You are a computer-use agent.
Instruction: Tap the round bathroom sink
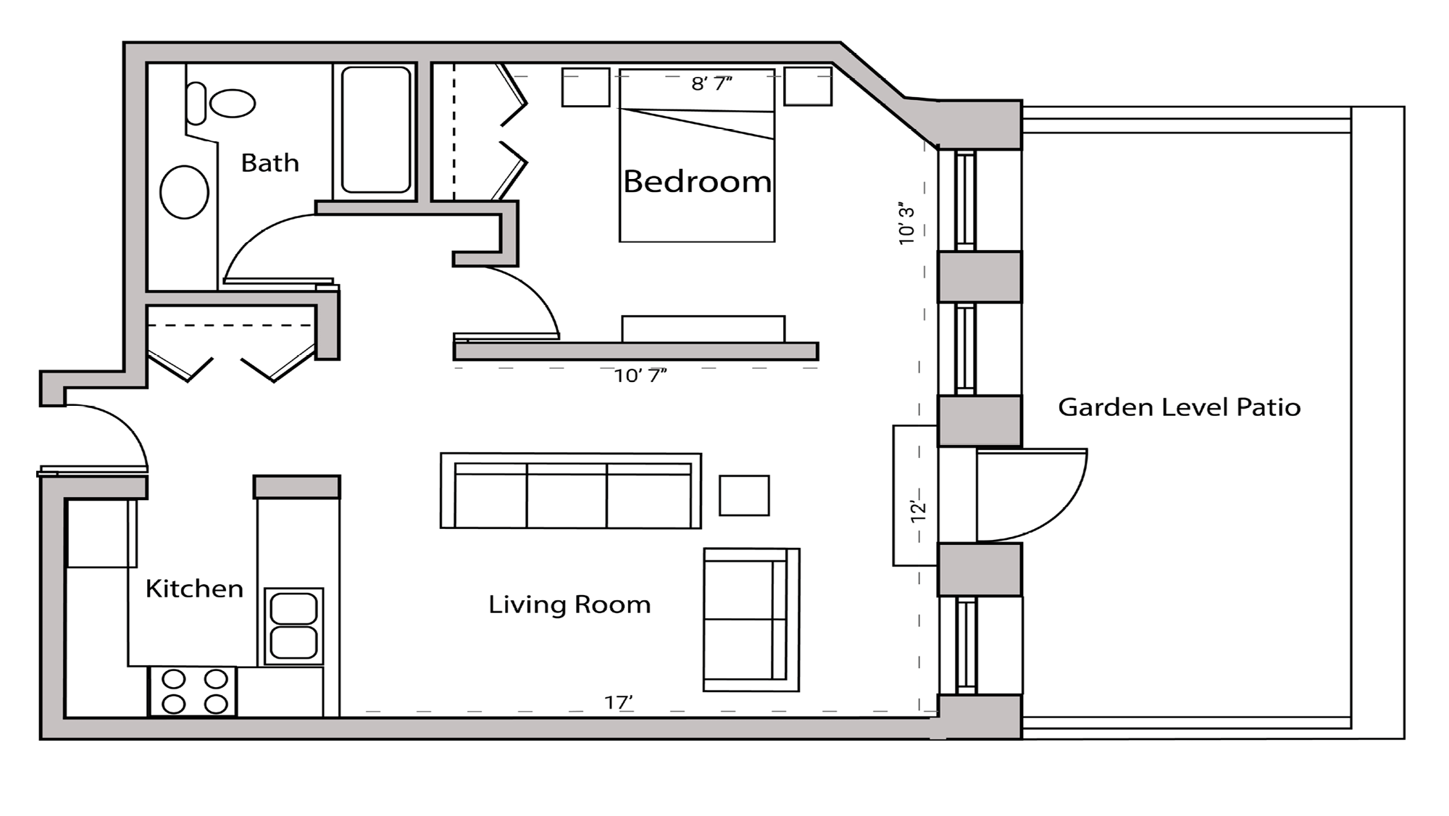point(184,192)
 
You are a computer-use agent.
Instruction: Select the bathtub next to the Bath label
point(375,130)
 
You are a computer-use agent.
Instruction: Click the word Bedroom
point(697,182)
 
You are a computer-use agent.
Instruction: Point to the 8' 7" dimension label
point(711,84)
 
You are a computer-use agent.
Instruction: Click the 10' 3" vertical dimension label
point(906,223)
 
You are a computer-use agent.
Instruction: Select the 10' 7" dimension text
point(640,375)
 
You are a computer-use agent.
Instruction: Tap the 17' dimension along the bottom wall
point(619,701)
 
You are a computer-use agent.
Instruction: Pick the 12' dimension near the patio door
point(918,510)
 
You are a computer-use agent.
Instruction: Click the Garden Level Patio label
point(1179,407)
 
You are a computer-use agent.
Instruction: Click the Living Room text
point(569,604)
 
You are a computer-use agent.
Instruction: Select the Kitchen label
point(194,588)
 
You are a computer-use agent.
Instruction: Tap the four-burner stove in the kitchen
point(193,691)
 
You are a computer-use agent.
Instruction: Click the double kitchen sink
point(293,626)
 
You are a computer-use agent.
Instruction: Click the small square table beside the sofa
point(744,496)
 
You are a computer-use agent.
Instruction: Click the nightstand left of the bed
point(585,87)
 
